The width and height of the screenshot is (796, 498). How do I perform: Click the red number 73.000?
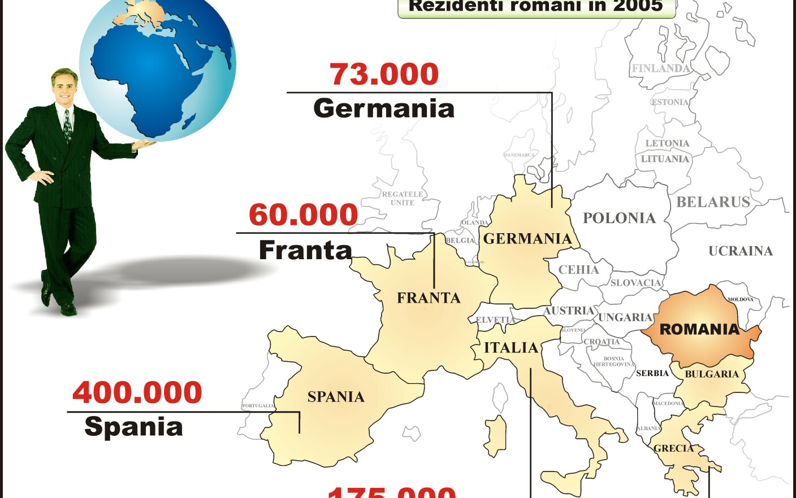pos(384,74)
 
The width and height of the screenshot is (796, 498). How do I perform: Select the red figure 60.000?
pos(304,215)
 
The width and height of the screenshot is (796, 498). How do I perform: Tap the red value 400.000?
pos(137,392)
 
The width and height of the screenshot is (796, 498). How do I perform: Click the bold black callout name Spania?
pos(133,427)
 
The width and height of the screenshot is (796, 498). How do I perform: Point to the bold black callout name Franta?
pos(305,250)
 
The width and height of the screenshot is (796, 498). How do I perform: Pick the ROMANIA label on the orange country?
pos(700,329)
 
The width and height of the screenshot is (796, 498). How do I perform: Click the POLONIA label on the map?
pos(619,218)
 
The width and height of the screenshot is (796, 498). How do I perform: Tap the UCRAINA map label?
pos(741,251)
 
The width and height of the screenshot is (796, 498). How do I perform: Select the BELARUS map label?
pos(713,202)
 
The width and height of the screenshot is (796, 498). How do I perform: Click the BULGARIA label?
pos(712,374)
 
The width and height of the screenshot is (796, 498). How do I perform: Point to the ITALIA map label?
pos(511,348)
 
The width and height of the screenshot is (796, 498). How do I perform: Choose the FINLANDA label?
pos(661,68)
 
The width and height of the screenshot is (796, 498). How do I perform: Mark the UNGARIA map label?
pos(625,317)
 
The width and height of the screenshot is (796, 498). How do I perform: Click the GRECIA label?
pos(673,448)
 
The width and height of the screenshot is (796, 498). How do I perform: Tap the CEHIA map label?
pos(578,270)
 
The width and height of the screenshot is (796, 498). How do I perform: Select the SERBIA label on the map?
pos(652,373)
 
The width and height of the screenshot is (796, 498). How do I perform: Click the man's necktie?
pos(68,126)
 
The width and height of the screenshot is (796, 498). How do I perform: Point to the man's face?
pos(64,87)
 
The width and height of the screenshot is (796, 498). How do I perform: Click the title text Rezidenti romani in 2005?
pos(535,6)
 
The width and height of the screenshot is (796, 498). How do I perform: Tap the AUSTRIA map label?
pos(569,311)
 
